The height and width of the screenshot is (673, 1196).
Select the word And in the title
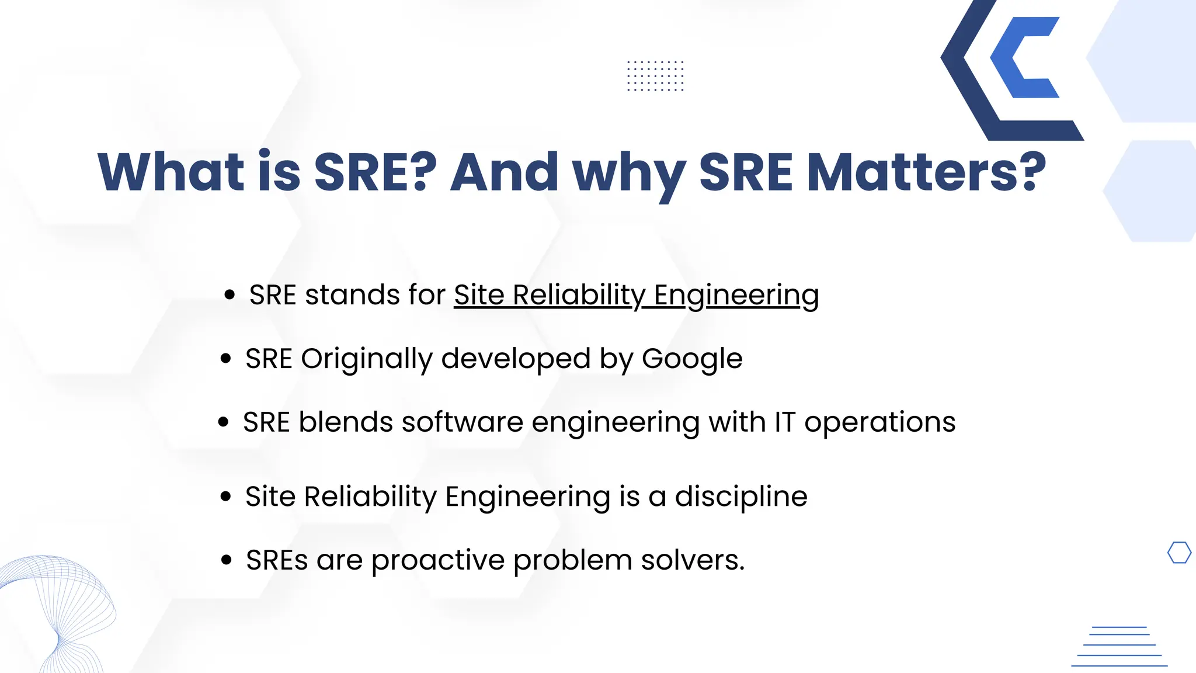(505, 172)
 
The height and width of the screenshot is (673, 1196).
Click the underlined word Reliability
(579, 295)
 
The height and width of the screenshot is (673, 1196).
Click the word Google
(692, 359)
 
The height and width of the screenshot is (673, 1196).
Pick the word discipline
(741, 497)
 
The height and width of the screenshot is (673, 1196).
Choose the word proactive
(438, 560)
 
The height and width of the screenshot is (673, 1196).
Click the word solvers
(693, 560)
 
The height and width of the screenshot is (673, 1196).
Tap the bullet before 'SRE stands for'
(230, 294)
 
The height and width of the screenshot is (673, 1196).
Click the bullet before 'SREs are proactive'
(227, 560)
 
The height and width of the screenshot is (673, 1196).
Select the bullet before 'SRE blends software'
(223, 422)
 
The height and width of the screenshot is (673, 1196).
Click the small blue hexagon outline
(1179, 553)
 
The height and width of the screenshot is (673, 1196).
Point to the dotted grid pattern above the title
(655, 76)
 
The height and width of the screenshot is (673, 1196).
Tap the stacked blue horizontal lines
(1119, 646)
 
